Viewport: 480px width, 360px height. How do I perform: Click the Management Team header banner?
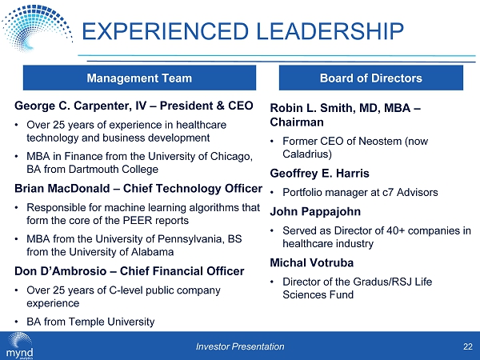pos(139,78)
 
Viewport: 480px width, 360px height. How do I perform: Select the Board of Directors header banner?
pos(371,78)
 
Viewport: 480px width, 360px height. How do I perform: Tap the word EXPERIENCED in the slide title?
pos(166,31)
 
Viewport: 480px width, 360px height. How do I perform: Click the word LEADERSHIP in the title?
pos(330,31)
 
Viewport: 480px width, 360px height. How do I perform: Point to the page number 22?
pos(468,346)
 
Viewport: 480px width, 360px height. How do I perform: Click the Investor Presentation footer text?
pos(240,346)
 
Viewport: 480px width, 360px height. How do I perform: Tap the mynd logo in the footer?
pos(19,346)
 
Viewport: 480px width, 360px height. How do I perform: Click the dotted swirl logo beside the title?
pos(37,28)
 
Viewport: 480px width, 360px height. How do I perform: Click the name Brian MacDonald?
pos(62,189)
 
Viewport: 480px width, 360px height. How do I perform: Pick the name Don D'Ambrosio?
pos(60,271)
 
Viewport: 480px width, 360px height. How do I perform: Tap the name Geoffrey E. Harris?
pos(319,174)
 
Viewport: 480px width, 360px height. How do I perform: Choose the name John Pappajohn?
pos(315,212)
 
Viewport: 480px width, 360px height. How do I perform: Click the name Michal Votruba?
pos(312,262)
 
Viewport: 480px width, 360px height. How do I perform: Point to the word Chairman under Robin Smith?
pos(297,122)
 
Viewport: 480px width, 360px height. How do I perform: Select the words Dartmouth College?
pos(114,170)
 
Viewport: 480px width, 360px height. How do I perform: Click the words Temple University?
pos(111,322)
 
